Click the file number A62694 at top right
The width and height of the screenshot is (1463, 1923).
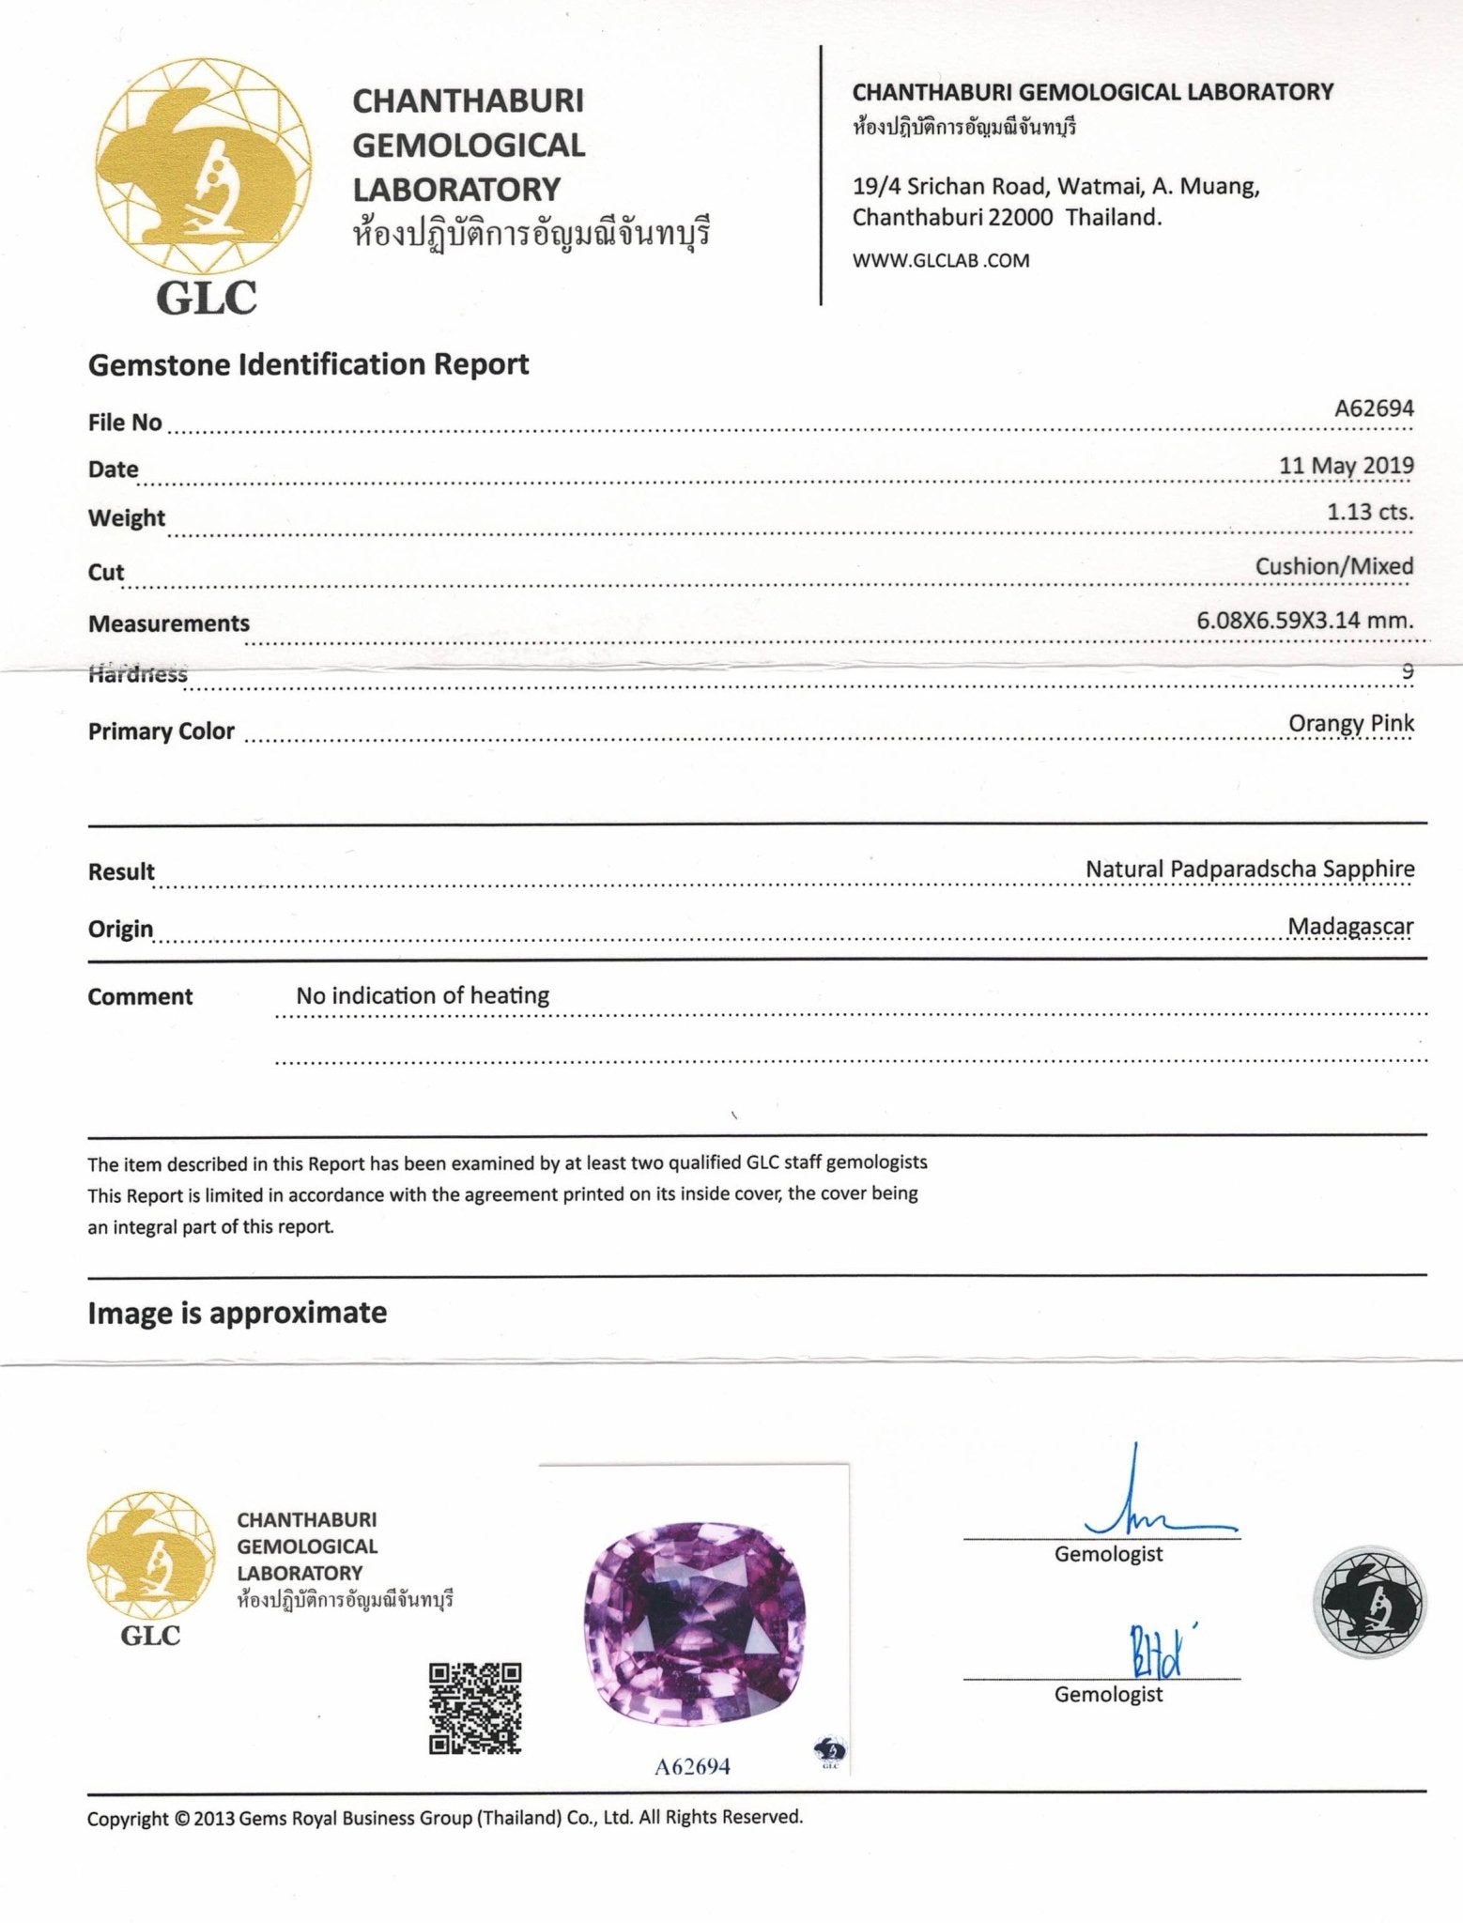click(1374, 408)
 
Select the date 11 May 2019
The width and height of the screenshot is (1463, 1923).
click(1346, 466)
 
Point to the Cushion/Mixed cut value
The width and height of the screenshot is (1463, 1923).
click(1333, 566)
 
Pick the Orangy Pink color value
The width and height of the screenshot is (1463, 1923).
click(1350, 724)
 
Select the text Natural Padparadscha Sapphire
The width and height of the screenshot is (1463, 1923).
click(1249, 869)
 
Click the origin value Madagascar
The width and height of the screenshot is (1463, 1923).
click(1349, 927)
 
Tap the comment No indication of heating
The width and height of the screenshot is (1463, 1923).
click(423, 995)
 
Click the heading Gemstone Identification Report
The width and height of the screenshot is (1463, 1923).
click(308, 364)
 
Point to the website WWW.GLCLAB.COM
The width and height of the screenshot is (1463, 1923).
click(940, 261)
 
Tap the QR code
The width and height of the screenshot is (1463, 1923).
click(474, 1708)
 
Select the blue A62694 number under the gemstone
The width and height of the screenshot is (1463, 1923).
click(691, 1766)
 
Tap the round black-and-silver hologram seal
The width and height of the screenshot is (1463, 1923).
click(1367, 1602)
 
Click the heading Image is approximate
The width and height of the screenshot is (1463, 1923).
click(237, 1313)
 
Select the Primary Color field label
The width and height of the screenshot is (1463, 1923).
click(161, 731)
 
